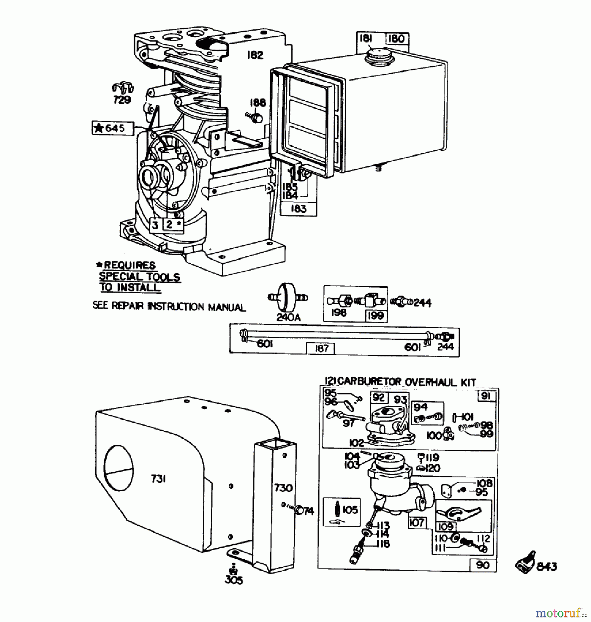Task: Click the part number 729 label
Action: (122, 100)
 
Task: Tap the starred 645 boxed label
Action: (113, 128)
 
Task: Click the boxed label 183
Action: (298, 209)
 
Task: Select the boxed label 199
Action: (375, 315)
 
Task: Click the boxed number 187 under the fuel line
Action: (321, 348)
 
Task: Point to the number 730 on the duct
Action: (283, 488)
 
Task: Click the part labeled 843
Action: (526, 564)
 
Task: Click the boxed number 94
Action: (420, 407)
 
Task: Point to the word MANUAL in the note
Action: (226, 307)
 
